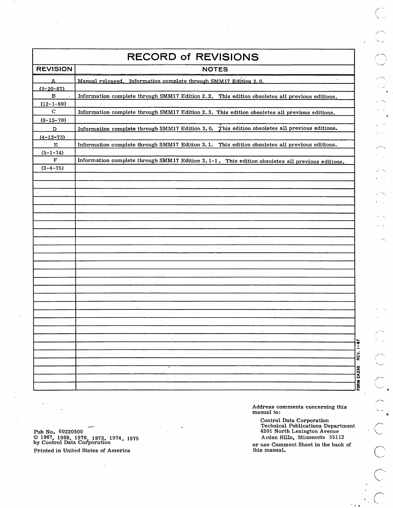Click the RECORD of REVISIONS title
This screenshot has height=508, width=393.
coord(193,57)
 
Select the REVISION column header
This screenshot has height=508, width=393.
coord(54,69)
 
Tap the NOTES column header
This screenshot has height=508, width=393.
coord(215,69)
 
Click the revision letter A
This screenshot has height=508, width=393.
coord(54,81)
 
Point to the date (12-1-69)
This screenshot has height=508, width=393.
coord(53,104)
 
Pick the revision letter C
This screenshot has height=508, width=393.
coord(54,112)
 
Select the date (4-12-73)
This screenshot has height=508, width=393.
coord(52,137)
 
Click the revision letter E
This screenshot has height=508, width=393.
coord(55,145)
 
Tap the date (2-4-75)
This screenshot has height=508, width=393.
coord(52,168)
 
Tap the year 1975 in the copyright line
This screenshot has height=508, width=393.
coord(133,438)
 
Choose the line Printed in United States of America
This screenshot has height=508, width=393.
coord(82,450)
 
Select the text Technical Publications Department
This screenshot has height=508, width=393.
coord(308,426)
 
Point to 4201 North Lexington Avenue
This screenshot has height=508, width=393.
coord(299,431)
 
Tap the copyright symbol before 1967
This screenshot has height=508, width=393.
coord(36,437)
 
